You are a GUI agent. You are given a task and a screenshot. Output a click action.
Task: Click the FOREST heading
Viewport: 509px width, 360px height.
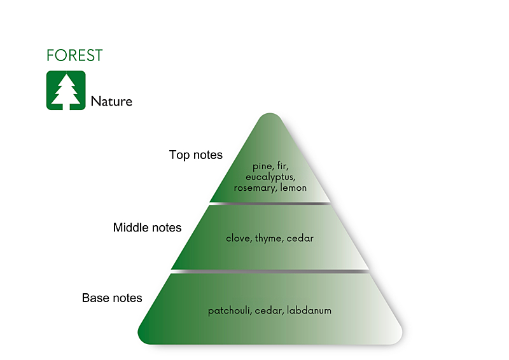(x=74, y=55)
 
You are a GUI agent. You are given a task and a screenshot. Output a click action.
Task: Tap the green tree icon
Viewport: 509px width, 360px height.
(x=66, y=90)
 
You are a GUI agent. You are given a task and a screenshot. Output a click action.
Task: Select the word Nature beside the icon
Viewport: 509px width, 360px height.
(x=111, y=101)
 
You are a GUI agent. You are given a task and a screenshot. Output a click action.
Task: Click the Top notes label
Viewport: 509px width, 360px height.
(x=196, y=155)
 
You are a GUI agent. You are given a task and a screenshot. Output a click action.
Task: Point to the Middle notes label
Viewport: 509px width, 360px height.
(x=147, y=227)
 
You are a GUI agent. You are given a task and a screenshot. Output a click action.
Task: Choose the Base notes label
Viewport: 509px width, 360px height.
(x=112, y=298)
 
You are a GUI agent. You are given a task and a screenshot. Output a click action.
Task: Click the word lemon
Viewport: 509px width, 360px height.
(x=293, y=188)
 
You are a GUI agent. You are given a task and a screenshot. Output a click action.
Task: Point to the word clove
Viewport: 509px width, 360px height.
(x=238, y=239)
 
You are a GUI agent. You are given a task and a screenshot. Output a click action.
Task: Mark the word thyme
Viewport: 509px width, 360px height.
(x=268, y=239)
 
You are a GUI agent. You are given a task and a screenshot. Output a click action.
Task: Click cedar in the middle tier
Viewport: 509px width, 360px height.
(x=300, y=239)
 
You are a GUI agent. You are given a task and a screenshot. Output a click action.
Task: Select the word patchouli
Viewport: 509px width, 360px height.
(x=229, y=311)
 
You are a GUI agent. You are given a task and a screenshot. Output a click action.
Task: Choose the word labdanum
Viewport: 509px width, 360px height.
(x=309, y=311)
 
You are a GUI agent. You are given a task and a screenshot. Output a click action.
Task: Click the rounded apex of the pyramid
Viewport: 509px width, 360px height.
(x=270, y=117)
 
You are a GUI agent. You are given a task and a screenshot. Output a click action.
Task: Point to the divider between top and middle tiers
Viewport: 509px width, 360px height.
(x=270, y=204)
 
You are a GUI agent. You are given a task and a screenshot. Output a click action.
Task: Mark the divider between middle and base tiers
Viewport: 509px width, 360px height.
(x=270, y=271)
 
